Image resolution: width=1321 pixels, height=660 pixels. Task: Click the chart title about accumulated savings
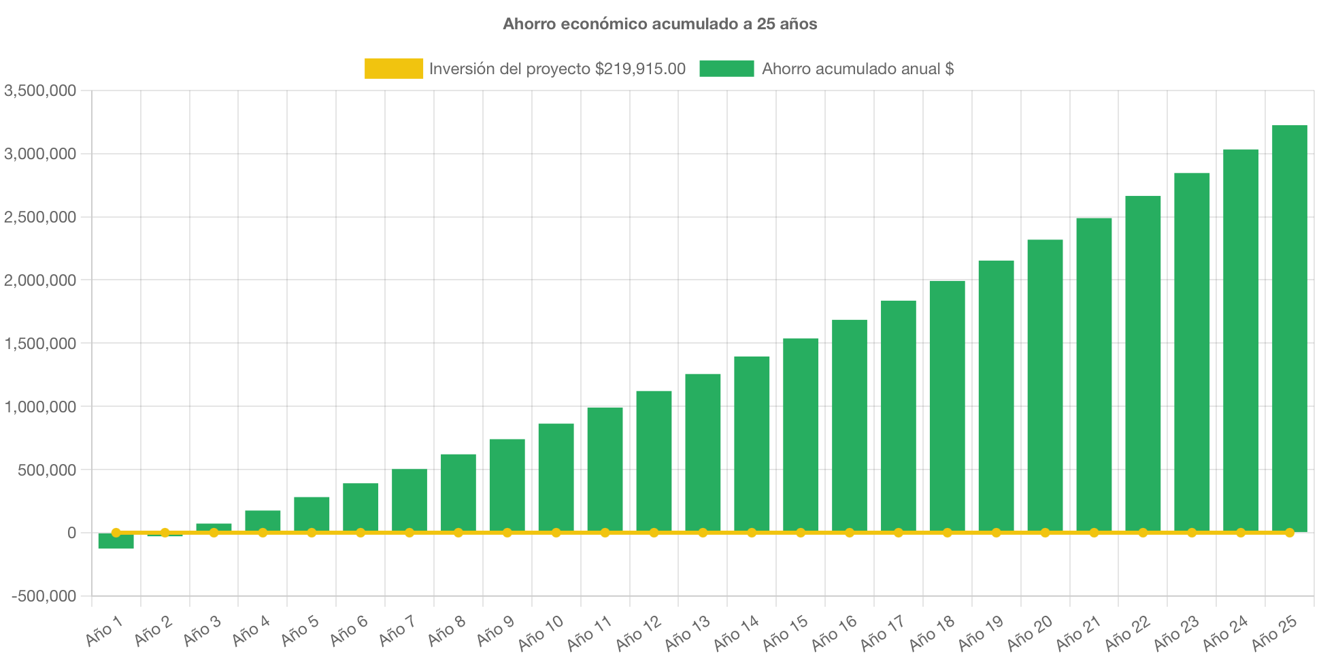[x=660, y=24]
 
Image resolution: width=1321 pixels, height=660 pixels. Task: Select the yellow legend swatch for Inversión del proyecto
[x=393, y=69]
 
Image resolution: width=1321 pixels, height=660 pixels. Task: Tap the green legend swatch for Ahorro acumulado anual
[x=726, y=69]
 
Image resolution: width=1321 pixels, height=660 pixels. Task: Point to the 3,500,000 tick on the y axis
[x=40, y=90]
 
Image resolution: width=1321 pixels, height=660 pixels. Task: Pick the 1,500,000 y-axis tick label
[x=40, y=344]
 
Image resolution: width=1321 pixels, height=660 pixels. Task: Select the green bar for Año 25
[x=1289, y=327]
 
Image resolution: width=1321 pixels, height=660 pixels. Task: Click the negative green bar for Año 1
[x=116, y=542]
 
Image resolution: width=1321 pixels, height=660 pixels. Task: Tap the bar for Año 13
[x=703, y=452]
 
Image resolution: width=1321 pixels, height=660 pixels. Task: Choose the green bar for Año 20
[x=1045, y=385]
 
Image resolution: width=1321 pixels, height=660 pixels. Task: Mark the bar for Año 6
[x=361, y=507]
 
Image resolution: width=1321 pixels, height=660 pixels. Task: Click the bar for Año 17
[x=898, y=415]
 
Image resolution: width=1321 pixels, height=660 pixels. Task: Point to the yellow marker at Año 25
[x=1289, y=533]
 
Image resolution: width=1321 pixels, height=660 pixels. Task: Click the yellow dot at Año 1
[x=116, y=533]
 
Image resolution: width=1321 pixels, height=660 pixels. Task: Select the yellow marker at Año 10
[x=556, y=533]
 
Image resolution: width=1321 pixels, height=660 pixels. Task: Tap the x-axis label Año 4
[x=252, y=631]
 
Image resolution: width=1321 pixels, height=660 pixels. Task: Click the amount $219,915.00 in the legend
[x=640, y=69]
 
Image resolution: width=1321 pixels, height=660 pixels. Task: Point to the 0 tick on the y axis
[x=71, y=533]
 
